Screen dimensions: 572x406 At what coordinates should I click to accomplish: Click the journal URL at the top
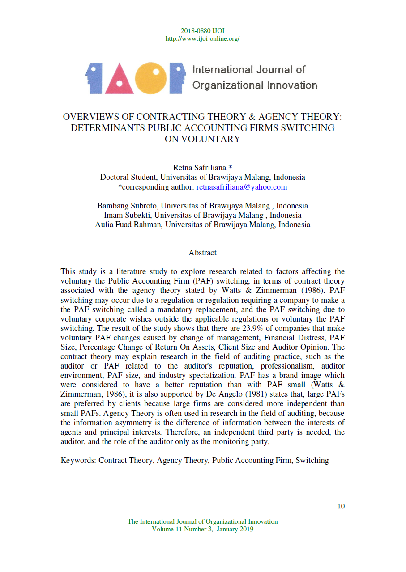pos(202,38)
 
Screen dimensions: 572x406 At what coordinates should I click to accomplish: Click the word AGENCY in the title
pos(282,117)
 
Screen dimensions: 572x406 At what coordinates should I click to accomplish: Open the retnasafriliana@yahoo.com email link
pos(242,187)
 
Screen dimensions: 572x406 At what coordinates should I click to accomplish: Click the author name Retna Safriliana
pos(199,168)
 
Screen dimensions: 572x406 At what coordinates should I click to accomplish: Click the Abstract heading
pos(202,253)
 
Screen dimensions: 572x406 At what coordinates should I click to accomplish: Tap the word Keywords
pos(78,460)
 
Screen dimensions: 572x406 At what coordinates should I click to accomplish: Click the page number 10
pos(341,506)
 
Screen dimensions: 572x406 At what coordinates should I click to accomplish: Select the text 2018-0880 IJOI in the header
pos(202,31)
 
